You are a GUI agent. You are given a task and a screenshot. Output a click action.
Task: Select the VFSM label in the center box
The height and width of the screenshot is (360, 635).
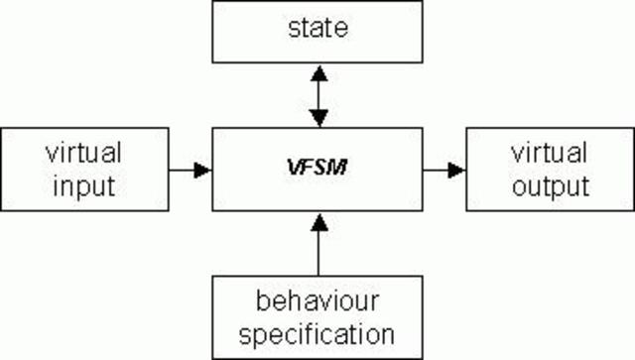317,170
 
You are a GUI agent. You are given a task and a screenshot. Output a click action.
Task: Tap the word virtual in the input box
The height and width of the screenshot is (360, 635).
83,153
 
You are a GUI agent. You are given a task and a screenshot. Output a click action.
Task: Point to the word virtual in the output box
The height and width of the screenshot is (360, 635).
549,153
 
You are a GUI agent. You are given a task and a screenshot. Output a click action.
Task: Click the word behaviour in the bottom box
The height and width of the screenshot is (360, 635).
317,300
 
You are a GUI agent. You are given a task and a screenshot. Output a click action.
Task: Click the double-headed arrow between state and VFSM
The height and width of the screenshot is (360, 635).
317,96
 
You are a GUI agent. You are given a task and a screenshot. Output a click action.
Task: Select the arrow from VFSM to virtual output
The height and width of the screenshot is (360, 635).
444,170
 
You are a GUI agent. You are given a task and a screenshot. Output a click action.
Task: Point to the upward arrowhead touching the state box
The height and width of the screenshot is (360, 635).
317,73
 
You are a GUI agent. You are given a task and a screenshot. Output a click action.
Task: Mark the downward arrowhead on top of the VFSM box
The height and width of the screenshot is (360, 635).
317,119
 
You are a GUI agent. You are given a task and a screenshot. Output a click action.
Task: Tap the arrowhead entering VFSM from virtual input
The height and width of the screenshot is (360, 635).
202,170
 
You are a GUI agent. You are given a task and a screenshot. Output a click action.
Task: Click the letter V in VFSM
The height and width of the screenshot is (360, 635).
296,170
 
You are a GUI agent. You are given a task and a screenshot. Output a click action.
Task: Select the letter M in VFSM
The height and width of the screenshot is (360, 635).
338,170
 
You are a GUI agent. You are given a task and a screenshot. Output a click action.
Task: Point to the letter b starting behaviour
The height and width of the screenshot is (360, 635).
260,300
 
